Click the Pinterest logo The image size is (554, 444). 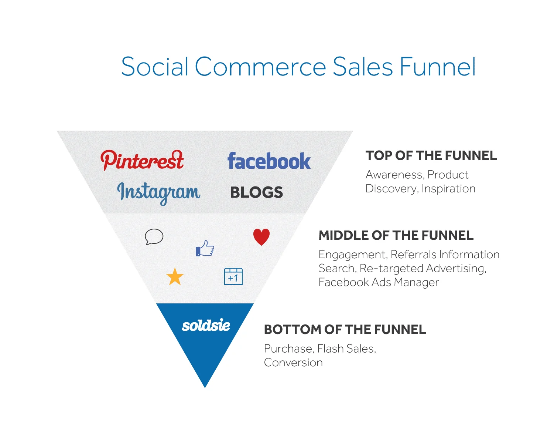[x=142, y=160]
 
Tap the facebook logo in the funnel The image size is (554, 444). [x=269, y=161]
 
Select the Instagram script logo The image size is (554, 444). [x=158, y=192]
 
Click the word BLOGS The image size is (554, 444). [x=256, y=192]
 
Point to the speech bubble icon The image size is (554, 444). [x=154, y=237]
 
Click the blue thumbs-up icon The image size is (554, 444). [x=205, y=248]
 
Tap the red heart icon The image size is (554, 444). [x=261, y=237]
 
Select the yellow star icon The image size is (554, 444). [x=175, y=277]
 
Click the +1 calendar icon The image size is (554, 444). [x=233, y=276]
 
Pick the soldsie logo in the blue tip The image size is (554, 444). [x=206, y=326]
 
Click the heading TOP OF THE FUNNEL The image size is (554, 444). [x=431, y=156]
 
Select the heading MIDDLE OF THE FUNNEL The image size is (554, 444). [x=396, y=235]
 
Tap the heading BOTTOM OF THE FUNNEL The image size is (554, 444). [x=345, y=329]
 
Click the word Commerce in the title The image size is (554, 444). [x=260, y=67]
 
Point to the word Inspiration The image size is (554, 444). [x=448, y=189]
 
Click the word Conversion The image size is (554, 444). [x=293, y=363]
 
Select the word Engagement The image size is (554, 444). [x=352, y=255]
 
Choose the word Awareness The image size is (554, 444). [x=394, y=175]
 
